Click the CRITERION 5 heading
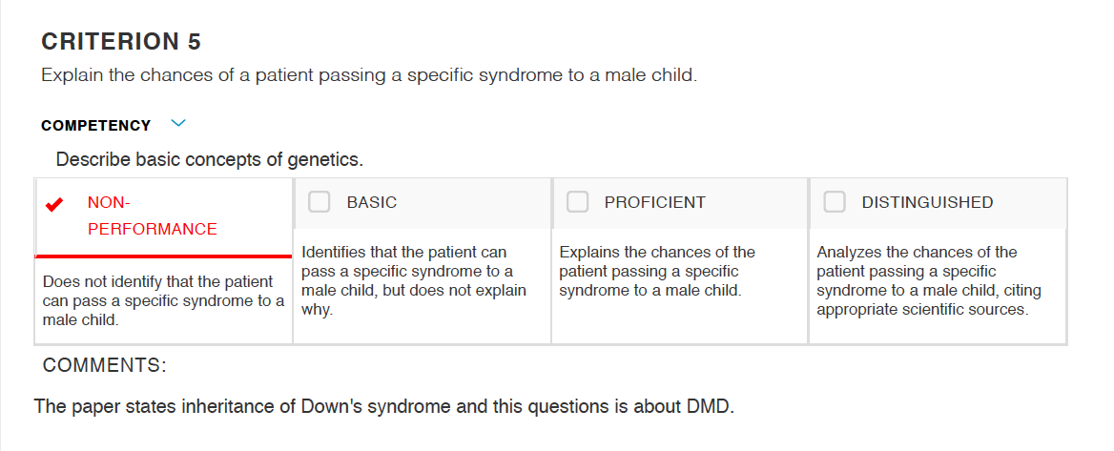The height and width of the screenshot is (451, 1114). click(x=121, y=42)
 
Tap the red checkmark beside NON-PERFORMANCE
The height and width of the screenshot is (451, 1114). click(x=53, y=205)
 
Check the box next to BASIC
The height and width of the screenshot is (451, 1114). click(x=319, y=202)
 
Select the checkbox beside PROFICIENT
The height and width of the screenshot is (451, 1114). click(x=577, y=202)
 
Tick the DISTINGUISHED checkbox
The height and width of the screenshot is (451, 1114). click(x=835, y=202)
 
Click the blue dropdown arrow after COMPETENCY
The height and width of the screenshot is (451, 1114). click(x=178, y=124)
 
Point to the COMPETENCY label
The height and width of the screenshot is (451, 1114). click(x=96, y=126)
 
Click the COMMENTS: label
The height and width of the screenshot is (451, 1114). click(x=105, y=365)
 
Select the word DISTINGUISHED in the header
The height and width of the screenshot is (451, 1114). click(x=927, y=202)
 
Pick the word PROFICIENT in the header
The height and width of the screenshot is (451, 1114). click(x=655, y=202)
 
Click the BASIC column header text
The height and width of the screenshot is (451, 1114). click(x=372, y=202)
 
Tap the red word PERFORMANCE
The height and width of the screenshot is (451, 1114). click(x=152, y=230)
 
